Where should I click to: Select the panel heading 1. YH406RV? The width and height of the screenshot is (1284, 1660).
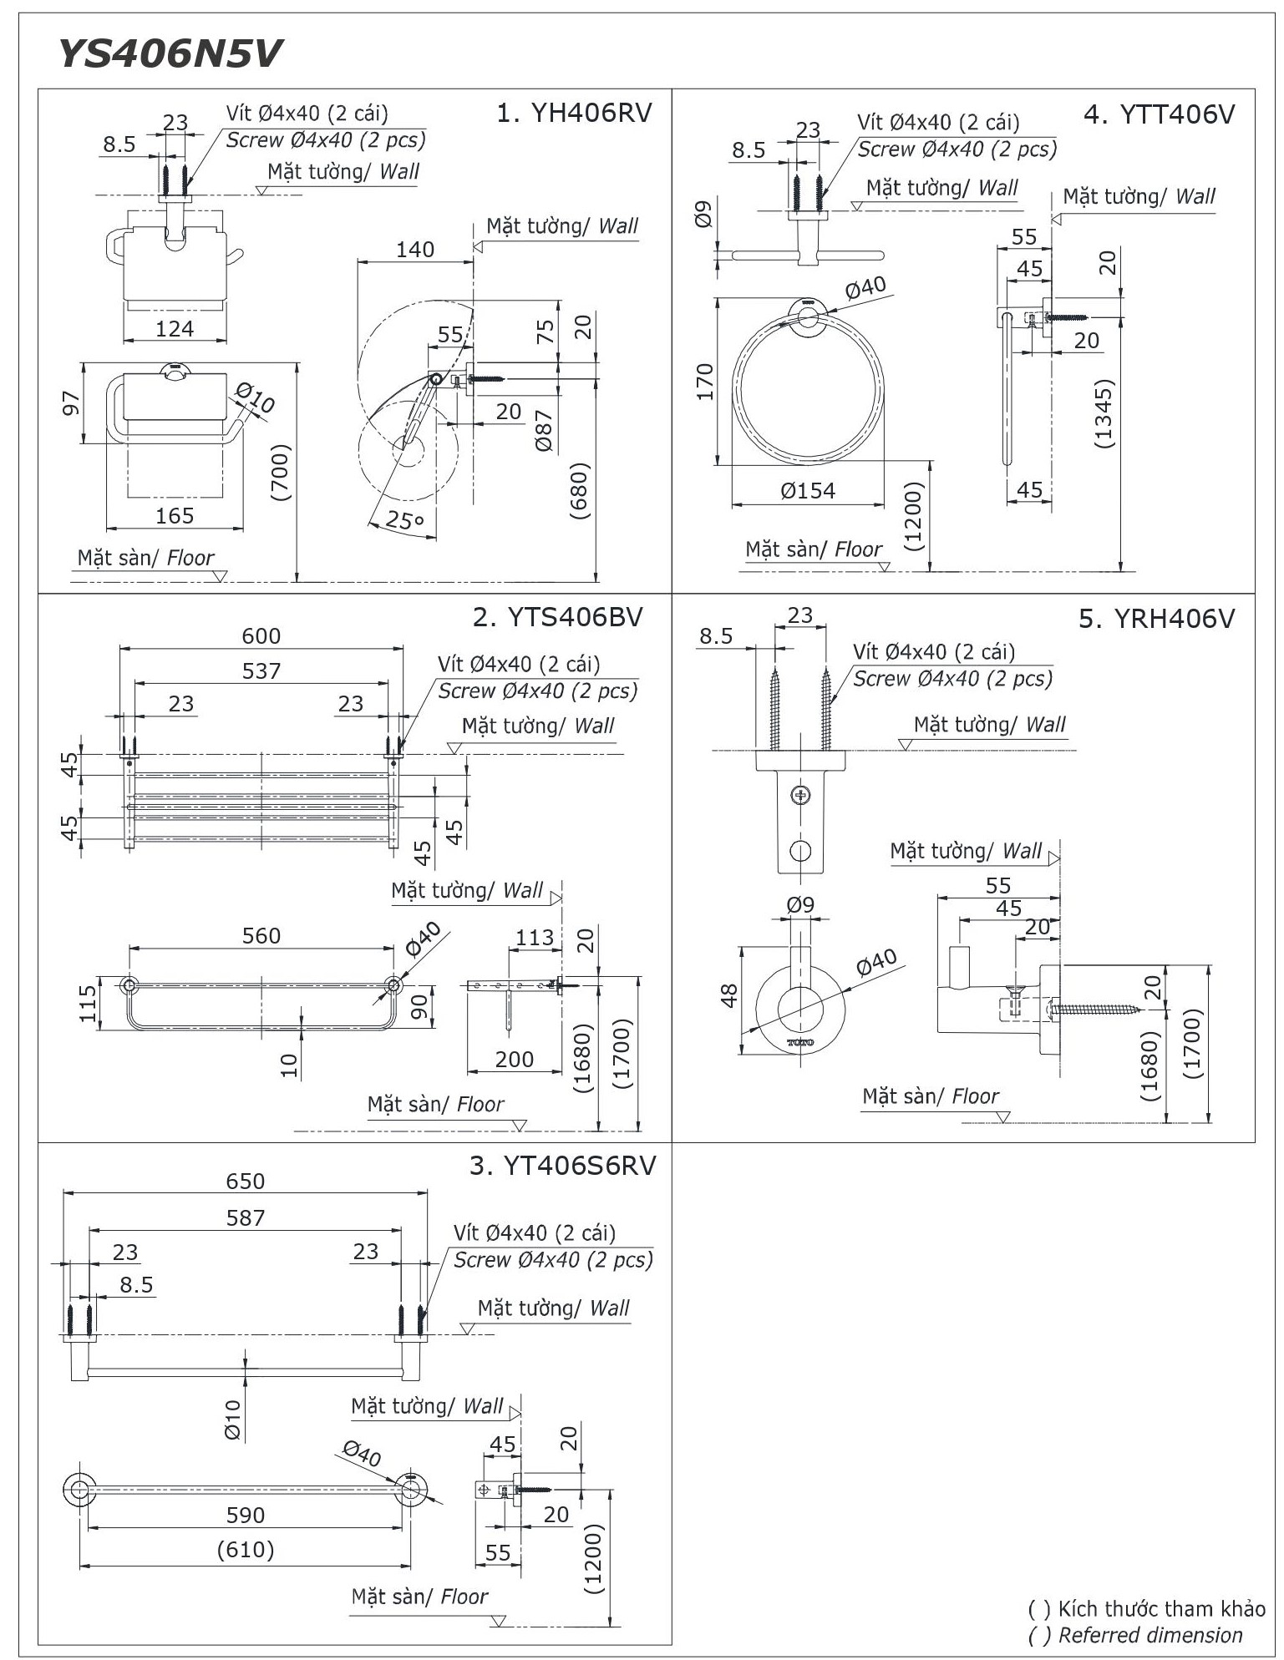pos(573,113)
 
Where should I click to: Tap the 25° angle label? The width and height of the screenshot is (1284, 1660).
pos(404,519)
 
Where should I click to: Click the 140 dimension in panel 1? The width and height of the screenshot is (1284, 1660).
pos(415,249)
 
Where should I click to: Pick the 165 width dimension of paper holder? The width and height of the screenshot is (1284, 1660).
pos(175,515)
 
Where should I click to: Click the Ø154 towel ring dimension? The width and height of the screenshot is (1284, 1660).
pos(808,490)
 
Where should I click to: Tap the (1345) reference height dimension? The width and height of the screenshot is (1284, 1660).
pos(1104,415)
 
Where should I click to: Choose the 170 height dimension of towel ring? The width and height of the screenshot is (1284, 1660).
pos(706,381)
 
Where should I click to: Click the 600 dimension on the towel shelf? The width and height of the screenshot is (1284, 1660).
pos(261,635)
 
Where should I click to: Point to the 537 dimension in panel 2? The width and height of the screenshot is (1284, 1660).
pos(261,671)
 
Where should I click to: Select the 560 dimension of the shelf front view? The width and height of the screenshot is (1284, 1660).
pos(261,935)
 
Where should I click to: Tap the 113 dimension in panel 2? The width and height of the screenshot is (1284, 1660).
pos(535,937)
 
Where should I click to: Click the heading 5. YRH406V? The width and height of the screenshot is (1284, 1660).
pos(1156,619)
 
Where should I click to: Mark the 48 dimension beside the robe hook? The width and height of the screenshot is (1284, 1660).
pos(728,995)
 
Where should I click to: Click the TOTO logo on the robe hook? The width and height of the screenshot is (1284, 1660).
pos(800,1042)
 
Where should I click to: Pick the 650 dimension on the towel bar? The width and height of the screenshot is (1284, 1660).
pos(246,1181)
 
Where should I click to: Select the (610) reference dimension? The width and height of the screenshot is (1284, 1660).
pos(246,1550)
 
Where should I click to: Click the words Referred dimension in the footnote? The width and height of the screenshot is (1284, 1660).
pos(1150,1635)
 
